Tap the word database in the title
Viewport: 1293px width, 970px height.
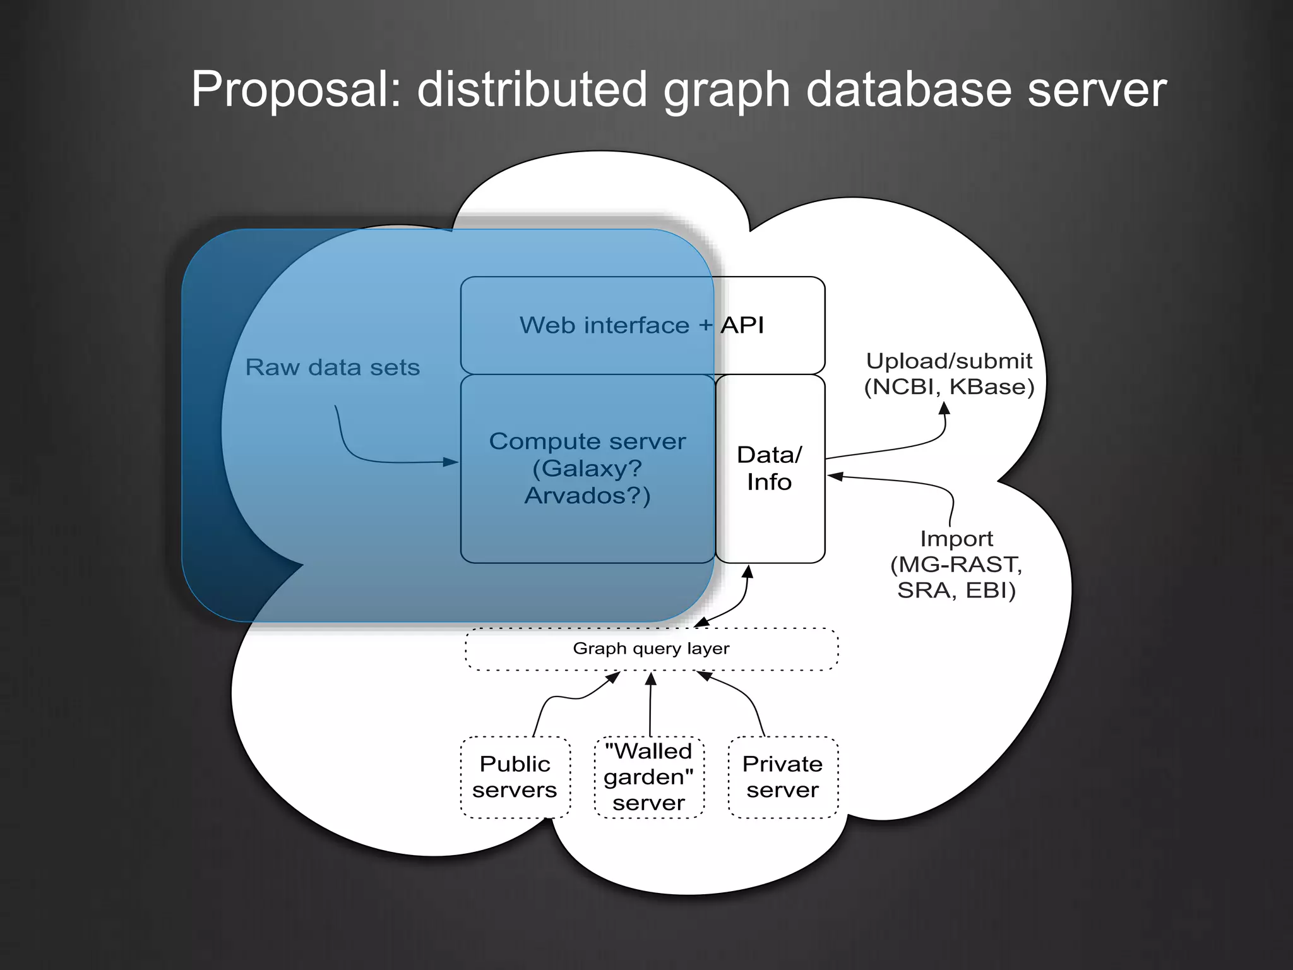[x=909, y=90]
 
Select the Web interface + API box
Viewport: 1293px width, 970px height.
[x=641, y=325]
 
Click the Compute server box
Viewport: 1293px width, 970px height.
[x=587, y=468]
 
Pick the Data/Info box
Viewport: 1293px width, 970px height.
[x=770, y=468]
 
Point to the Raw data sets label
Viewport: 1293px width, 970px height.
[x=332, y=368]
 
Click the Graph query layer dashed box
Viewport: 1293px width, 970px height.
[x=651, y=649]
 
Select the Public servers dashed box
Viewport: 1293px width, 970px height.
[x=515, y=777]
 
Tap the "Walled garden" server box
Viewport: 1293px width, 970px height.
[x=649, y=777]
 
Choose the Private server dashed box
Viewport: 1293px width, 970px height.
[x=783, y=777]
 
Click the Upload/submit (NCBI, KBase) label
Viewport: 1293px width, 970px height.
[x=949, y=374]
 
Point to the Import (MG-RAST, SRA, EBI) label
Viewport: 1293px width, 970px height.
[x=956, y=565]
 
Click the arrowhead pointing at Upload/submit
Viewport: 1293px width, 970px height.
[x=944, y=408]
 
